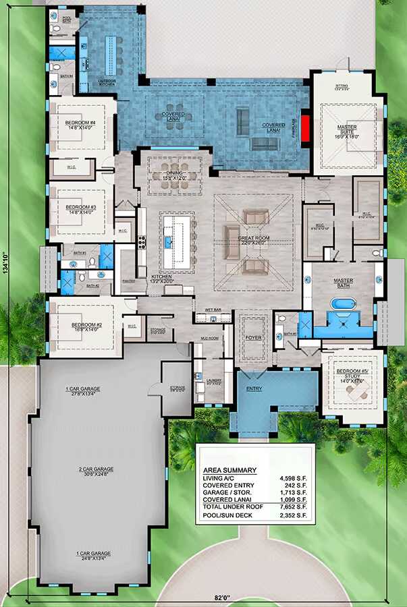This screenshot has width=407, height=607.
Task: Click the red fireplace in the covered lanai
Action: pyautogui.click(x=305, y=127)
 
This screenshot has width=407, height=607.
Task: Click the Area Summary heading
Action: pyautogui.click(x=229, y=470)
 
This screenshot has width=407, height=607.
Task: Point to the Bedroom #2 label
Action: pyautogui.click(x=86, y=324)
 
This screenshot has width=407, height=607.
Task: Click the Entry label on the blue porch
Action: pyautogui.click(x=253, y=388)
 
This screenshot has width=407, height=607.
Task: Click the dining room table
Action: pyautogui.click(x=178, y=168)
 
